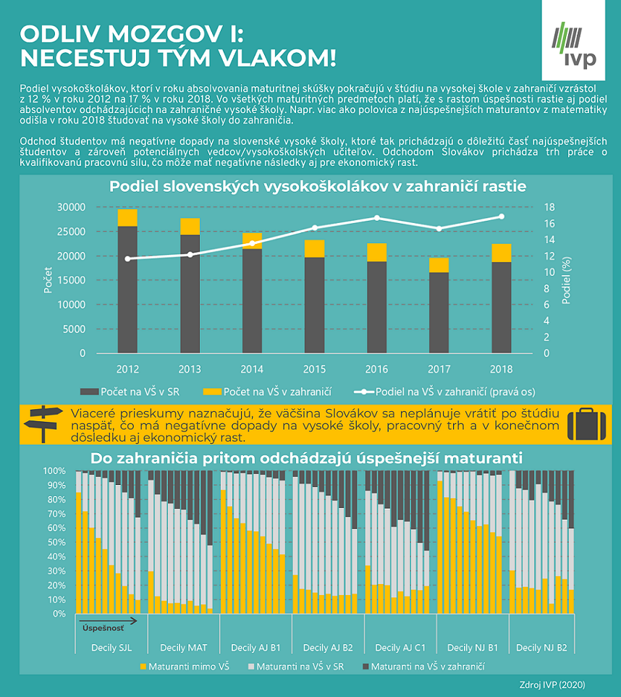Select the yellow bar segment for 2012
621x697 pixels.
pos(127,218)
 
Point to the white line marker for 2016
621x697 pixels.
pos(376,218)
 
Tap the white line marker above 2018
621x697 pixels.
pos(501,216)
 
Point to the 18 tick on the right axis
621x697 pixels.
pos(549,207)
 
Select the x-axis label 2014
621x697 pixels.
pos(252,370)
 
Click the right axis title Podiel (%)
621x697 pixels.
pos(567,279)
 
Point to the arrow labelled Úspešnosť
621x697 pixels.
pos(107,620)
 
